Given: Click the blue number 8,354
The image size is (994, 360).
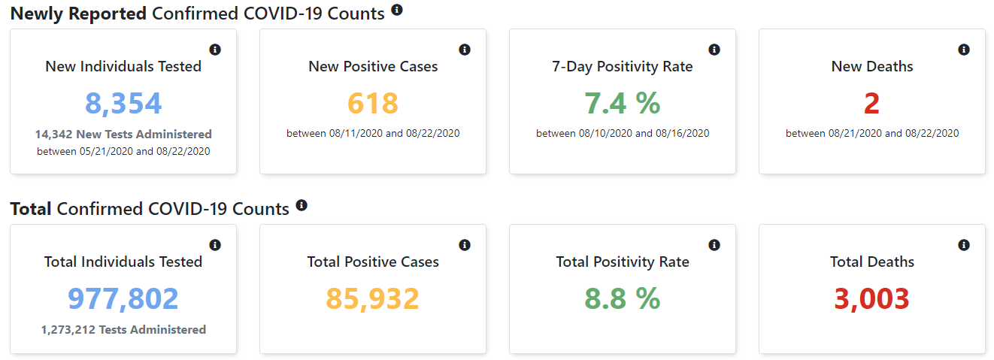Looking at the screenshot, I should coord(123,103).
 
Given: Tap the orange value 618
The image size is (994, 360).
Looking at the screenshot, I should coord(373,103).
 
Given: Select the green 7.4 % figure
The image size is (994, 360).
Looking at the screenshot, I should coord(623,103).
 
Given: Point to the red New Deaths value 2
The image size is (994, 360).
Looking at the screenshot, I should coord(871,103).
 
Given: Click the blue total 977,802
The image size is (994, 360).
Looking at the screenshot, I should coord(123,298).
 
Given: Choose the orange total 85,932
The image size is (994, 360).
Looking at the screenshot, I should coord(373,298).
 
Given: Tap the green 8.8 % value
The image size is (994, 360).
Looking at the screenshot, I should coord(623,298).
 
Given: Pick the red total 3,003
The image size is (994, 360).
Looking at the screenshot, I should coord(871,298).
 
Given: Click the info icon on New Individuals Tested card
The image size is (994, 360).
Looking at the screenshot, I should coord(215,50).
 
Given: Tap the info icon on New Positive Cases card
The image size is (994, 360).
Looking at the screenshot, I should coord(465,50).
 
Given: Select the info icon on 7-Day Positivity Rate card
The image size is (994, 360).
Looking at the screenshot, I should coord(714,50).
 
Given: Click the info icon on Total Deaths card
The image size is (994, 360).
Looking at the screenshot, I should coord(964,245).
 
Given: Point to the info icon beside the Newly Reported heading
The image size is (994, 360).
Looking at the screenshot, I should coord(397,10).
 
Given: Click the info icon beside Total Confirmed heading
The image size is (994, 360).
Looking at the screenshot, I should coord(302,205).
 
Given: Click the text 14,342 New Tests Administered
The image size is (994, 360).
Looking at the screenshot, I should coord(123,135).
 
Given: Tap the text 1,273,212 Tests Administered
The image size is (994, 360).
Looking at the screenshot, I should coord(123,329).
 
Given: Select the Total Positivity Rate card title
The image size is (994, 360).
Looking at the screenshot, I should coord(623,262).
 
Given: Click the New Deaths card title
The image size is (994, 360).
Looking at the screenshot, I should coord(872,67).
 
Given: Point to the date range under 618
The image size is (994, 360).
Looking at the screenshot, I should coord(373,134).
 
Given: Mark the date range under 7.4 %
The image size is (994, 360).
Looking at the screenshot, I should coord(623,134).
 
